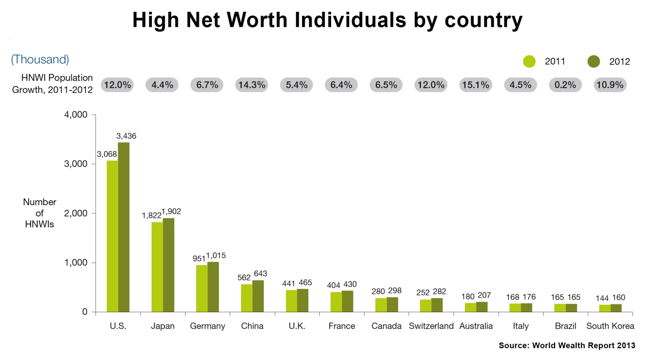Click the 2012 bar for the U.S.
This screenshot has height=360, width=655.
[x=124, y=227]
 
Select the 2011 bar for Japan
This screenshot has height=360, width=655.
[x=157, y=267]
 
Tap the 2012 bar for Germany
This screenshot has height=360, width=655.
[x=213, y=287]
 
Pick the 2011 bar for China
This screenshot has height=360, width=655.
[x=247, y=298]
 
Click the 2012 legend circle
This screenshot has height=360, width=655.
[x=594, y=61]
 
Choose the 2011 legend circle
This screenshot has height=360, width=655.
[x=529, y=61]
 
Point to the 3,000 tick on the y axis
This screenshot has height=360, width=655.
[x=75, y=164]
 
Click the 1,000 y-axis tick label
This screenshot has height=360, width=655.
[x=75, y=263]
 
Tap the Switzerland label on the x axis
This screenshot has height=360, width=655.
[x=431, y=326]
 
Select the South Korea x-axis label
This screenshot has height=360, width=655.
[x=610, y=326]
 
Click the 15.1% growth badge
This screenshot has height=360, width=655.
[x=476, y=85]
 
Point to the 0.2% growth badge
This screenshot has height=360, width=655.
[x=565, y=85]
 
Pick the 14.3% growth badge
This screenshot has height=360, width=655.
[x=252, y=85]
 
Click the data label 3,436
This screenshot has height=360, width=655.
[x=126, y=136]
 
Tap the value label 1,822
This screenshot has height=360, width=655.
[x=151, y=215]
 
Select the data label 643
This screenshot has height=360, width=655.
[x=260, y=274]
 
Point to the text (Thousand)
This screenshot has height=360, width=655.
[x=40, y=59]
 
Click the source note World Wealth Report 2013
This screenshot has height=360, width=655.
[x=567, y=345]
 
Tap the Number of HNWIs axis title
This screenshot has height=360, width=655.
[x=40, y=213]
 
